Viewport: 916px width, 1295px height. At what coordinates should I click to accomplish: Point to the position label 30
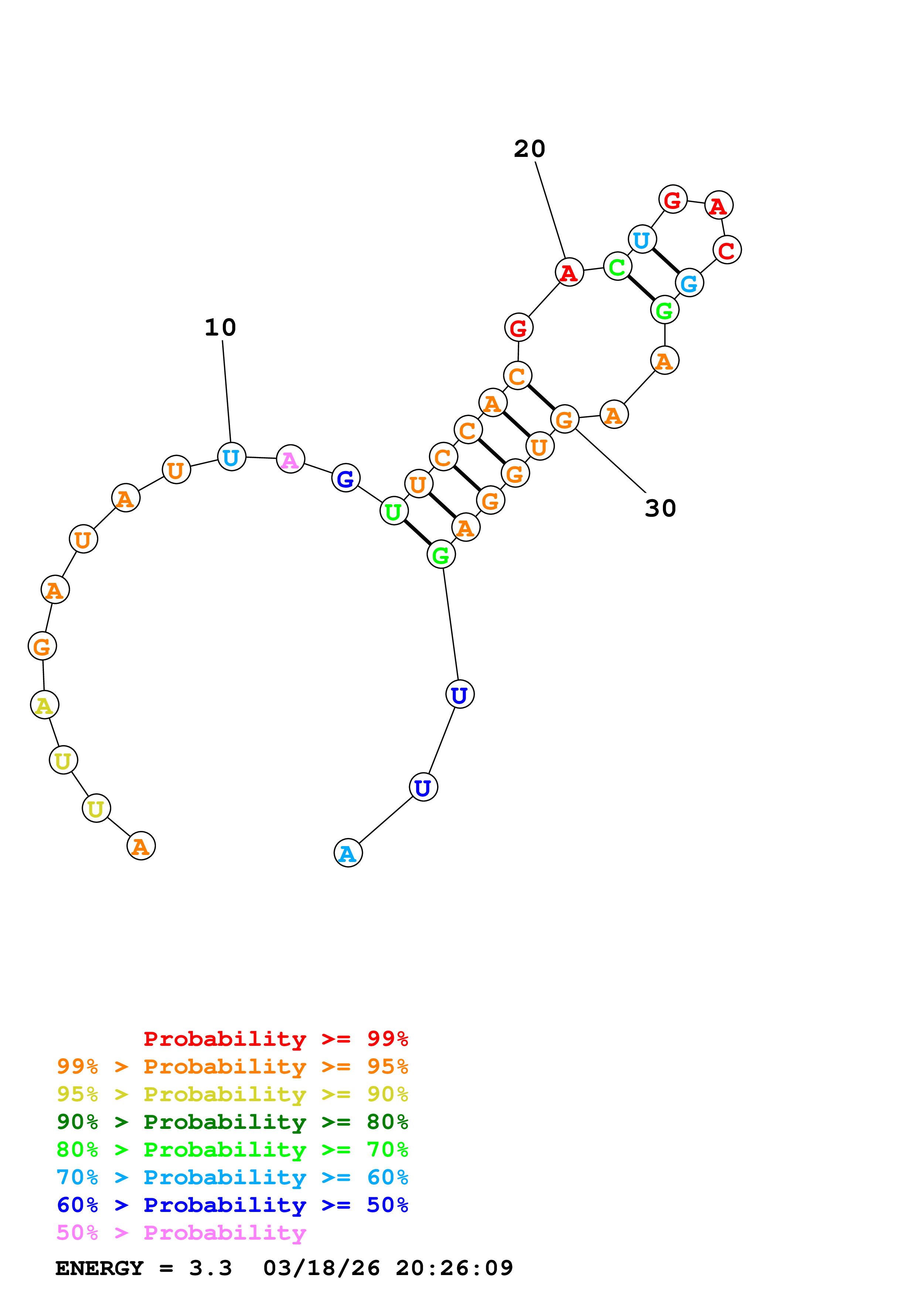[x=660, y=509]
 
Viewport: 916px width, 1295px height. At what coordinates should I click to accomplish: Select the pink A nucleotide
[x=290, y=459]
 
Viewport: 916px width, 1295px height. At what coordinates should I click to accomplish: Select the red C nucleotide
[x=727, y=250]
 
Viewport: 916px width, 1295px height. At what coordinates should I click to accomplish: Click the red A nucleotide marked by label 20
[x=569, y=272]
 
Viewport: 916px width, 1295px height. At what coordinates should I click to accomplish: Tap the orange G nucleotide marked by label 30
[x=564, y=419]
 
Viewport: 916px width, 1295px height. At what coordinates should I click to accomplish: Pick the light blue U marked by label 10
[x=231, y=457]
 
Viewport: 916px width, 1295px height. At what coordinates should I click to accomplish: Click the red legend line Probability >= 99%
[x=275, y=1039]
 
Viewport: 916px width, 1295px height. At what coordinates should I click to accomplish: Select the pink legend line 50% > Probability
[x=181, y=1233]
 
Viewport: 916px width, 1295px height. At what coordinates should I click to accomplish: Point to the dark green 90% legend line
[x=232, y=1122]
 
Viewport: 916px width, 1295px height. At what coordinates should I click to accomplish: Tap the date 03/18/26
[x=321, y=1268]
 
